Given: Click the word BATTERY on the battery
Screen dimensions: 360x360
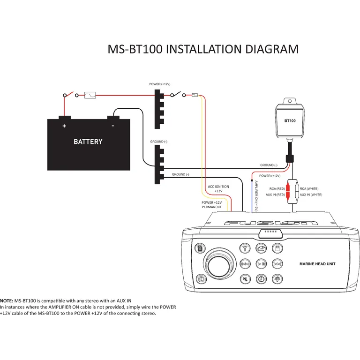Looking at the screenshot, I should (88, 142).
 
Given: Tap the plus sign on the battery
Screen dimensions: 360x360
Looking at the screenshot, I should (64, 126).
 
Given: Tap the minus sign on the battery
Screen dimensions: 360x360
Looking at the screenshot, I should (112, 126).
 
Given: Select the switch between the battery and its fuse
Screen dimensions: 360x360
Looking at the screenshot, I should (69, 94).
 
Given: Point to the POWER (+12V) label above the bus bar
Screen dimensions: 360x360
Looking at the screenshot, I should (159, 84).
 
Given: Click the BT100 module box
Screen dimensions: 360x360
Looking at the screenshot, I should (290, 120).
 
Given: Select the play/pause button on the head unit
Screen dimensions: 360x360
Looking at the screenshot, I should (261, 264).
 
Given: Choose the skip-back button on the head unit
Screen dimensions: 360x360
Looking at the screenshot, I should (245, 264).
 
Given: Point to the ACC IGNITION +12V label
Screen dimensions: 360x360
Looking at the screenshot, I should (218, 189).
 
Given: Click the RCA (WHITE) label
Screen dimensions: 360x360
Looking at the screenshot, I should (309, 188).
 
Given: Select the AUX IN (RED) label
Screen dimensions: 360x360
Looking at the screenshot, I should (275, 194).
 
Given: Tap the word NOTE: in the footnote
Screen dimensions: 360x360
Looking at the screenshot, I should (7, 300).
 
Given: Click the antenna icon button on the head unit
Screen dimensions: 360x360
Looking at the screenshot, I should (245, 248).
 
